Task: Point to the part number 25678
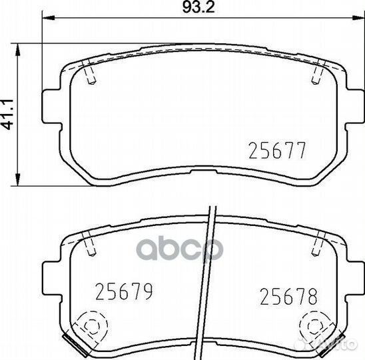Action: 287,295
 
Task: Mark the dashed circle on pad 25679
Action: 89,326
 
